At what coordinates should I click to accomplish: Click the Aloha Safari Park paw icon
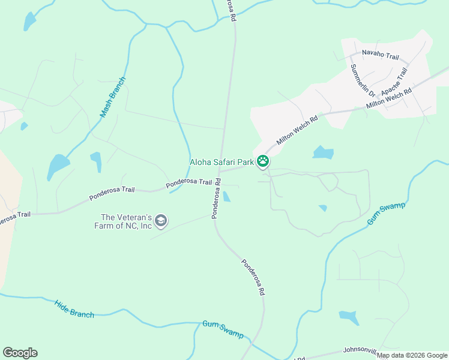pyautogui.click(x=262, y=161)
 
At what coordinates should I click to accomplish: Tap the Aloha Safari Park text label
pyautogui.click(x=221, y=161)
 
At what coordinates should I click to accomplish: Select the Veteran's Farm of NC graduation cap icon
pyautogui.click(x=160, y=221)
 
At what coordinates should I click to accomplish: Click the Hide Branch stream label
pyautogui.click(x=74, y=309)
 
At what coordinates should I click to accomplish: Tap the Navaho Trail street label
pyautogui.click(x=380, y=56)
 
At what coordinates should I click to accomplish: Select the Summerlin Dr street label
pyautogui.click(x=363, y=81)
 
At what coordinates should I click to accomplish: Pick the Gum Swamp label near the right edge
pyautogui.click(x=387, y=214)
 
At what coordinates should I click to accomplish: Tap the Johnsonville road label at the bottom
pyautogui.click(x=363, y=349)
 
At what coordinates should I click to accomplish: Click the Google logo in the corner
pyautogui.click(x=20, y=353)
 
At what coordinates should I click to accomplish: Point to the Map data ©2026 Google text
pyautogui.click(x=412, y=355)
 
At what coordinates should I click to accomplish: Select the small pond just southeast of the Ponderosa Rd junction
pyautogui.click(x=226, y=197)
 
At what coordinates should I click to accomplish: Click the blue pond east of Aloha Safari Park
pyautogui.click(x=323, y=152)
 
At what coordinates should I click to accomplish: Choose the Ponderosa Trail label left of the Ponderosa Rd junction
pyautogui.click(x=189, y=182)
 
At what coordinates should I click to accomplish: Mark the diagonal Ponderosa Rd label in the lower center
pyautogui.click(x=253, y=277)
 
